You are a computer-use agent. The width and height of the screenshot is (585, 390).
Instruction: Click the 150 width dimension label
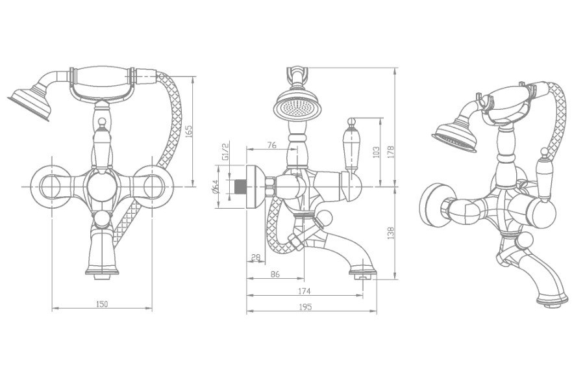102,304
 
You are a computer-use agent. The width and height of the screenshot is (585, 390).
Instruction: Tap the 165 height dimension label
189,131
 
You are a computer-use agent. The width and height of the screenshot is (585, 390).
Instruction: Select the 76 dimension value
272,145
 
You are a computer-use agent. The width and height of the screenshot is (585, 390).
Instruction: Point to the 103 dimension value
376,151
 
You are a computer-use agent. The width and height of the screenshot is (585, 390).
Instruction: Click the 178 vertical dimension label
391,152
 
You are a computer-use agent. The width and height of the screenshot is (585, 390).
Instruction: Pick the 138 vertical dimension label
391,233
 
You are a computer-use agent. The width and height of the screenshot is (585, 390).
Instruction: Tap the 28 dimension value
256,257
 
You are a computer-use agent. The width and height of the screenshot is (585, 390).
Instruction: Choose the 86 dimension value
275,274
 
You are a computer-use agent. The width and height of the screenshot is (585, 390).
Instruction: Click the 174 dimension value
305,291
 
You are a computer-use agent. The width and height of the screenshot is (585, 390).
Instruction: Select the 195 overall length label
305,307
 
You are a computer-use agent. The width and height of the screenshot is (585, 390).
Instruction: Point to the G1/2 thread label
225,151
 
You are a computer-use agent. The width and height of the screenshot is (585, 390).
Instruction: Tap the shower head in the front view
30,103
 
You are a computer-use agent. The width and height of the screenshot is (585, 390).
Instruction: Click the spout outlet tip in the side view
363,276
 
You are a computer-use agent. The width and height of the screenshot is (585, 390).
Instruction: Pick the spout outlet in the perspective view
552,302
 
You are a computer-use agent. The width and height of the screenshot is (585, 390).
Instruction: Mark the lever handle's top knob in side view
351,121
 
